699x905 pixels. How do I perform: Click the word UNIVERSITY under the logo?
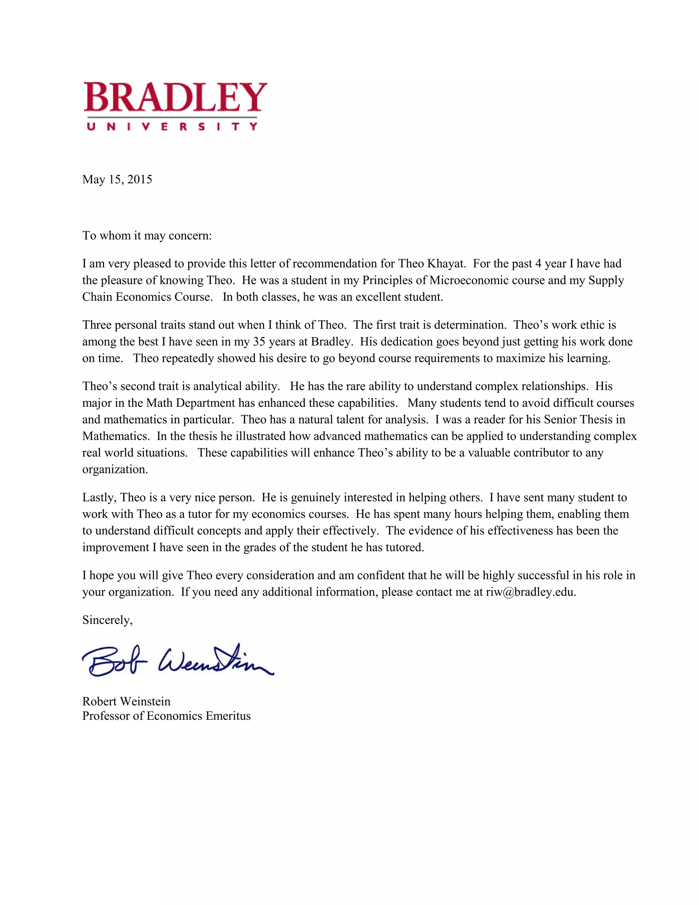pos(172,126)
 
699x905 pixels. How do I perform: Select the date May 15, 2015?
pos(117,179)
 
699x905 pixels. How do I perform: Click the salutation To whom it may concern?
pos(147,236)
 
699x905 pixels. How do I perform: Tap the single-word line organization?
pos(115,470)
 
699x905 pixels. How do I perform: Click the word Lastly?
pos(99,498)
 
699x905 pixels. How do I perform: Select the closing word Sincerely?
pos(107,620)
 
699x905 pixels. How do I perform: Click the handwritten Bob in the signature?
pos(114,662)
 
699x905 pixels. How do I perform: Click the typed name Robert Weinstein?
pos(126,701)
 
